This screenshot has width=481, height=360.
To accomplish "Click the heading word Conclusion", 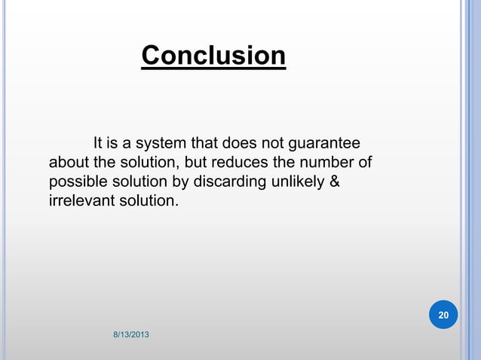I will [213, 56].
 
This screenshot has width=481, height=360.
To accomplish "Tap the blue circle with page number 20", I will [443, 314].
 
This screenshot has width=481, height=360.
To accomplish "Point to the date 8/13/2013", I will [130, 334].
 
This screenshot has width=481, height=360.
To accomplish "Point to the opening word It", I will [98, 143].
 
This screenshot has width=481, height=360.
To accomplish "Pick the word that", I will [202, 143].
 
